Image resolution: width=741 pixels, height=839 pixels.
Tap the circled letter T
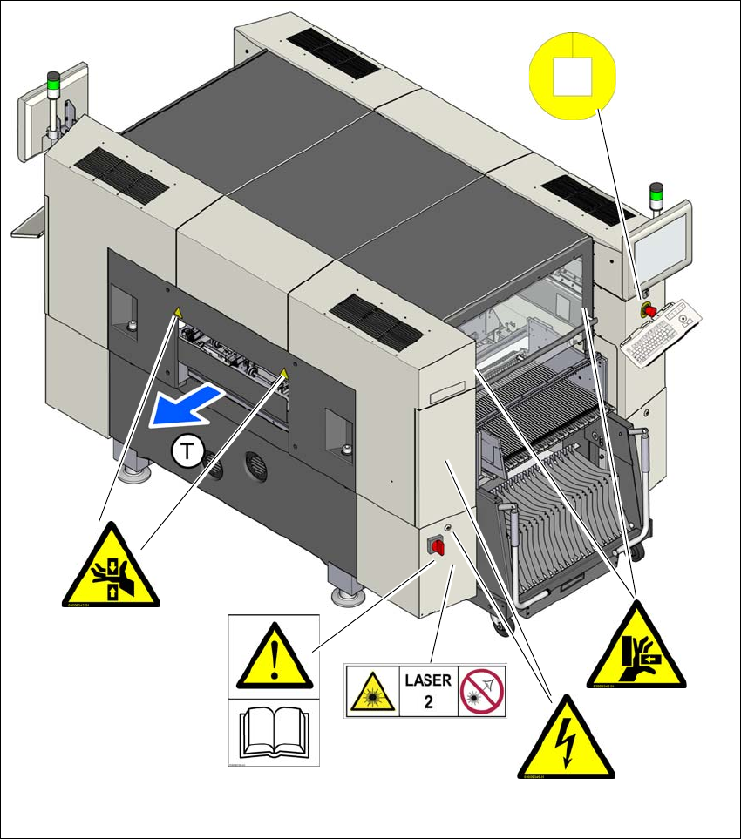coord(187,450)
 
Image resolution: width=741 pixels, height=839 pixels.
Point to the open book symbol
coord(274,733)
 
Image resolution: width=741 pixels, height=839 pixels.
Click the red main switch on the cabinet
coord(435,546)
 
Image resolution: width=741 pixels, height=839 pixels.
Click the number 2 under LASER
coord(428,701)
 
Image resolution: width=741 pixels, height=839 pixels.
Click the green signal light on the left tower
coord(54,85)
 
